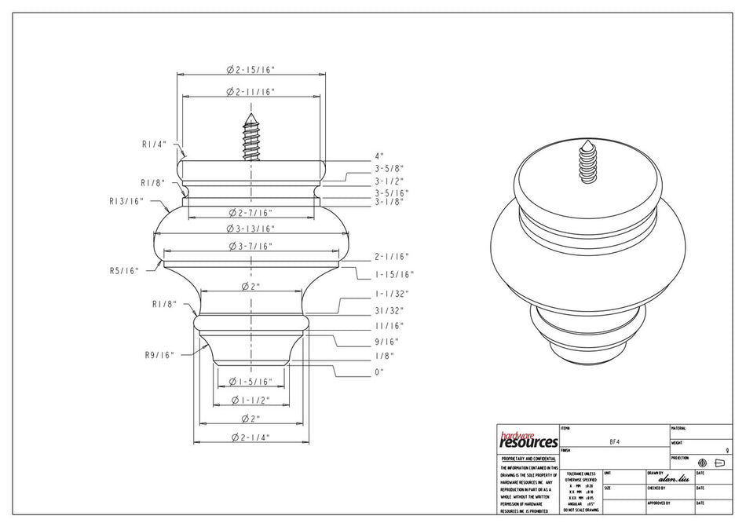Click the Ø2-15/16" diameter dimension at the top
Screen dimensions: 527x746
click(250, 70)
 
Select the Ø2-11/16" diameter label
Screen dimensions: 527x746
click(250, 92)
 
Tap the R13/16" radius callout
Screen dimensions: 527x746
click(126, 201)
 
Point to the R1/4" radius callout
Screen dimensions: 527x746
click(153, 144)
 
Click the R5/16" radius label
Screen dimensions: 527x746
click(125, 270)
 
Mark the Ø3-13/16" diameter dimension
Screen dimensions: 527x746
click(250, 229)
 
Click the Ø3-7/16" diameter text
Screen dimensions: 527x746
click(250, 247)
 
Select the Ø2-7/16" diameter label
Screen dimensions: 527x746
click(250, 213)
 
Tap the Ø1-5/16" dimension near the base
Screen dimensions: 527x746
click(250, 382)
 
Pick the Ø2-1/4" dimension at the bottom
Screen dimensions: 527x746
click(250, 437)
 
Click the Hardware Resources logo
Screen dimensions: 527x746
click(528, 438)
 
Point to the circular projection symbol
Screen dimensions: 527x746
click(702, 463)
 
